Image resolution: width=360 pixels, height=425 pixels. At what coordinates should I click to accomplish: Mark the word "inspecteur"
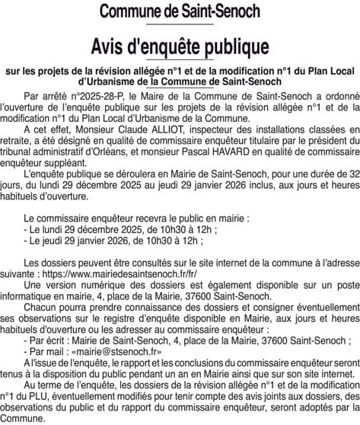pyautogui.click(x=190, y=130)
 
